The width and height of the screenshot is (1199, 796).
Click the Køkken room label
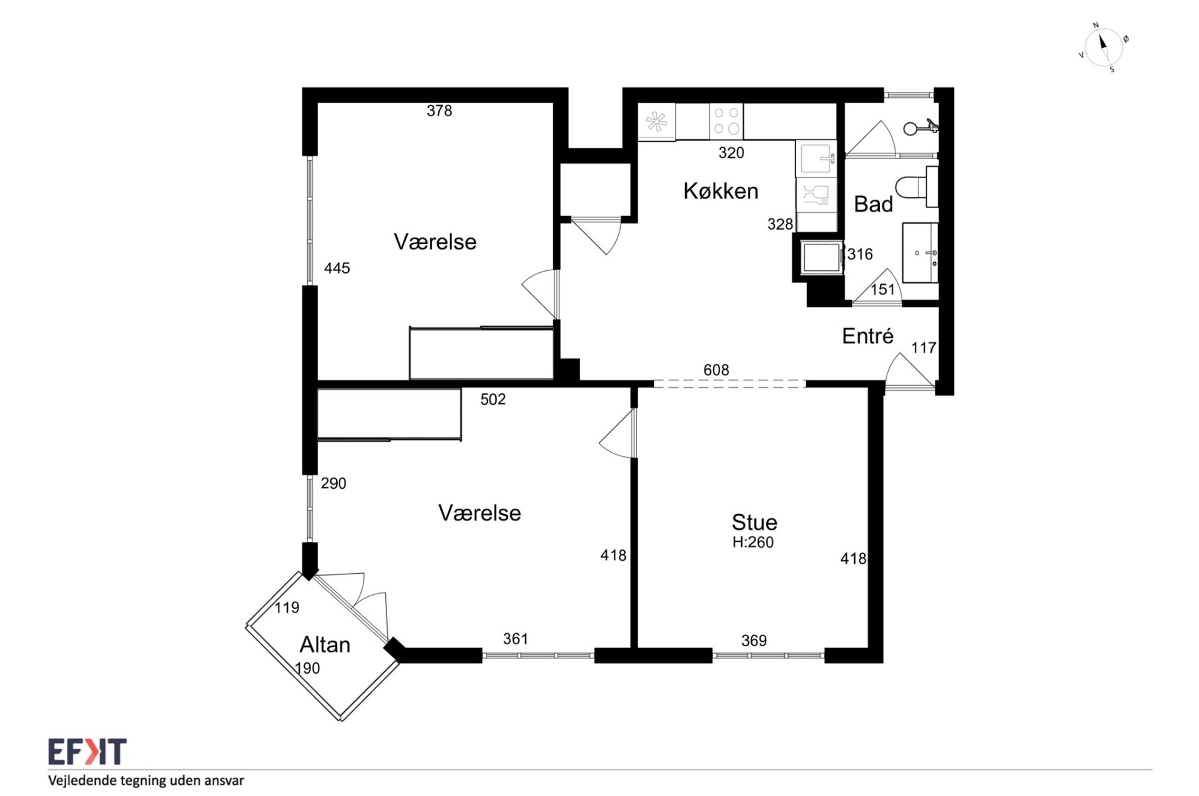pos(721,191)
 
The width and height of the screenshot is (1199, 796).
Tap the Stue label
pos(754,522)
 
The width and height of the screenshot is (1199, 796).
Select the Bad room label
pos(873,204)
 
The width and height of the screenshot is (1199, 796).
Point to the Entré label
pos(867,336)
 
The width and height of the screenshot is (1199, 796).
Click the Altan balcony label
pos(325,644)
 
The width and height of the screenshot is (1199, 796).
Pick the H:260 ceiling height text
pos(753,543)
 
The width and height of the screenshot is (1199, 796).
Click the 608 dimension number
pos(716,370)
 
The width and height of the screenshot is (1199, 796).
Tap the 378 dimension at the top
pos(439,111)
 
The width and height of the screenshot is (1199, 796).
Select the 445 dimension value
pos(337,268)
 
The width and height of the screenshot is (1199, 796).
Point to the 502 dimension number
pos(493,400)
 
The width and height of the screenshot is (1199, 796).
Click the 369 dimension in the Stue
pos(754,641)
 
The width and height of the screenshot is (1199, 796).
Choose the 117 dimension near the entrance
pos(924,348)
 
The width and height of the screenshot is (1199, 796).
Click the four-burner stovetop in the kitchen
pos(726,121)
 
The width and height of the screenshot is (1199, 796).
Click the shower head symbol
pos(920,128)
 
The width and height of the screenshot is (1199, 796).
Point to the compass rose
pos(1103,47)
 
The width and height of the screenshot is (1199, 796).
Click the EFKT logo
pos(87,752)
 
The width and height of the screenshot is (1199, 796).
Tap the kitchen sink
pos(816,159)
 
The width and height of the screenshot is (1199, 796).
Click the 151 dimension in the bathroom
pos(882,290)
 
